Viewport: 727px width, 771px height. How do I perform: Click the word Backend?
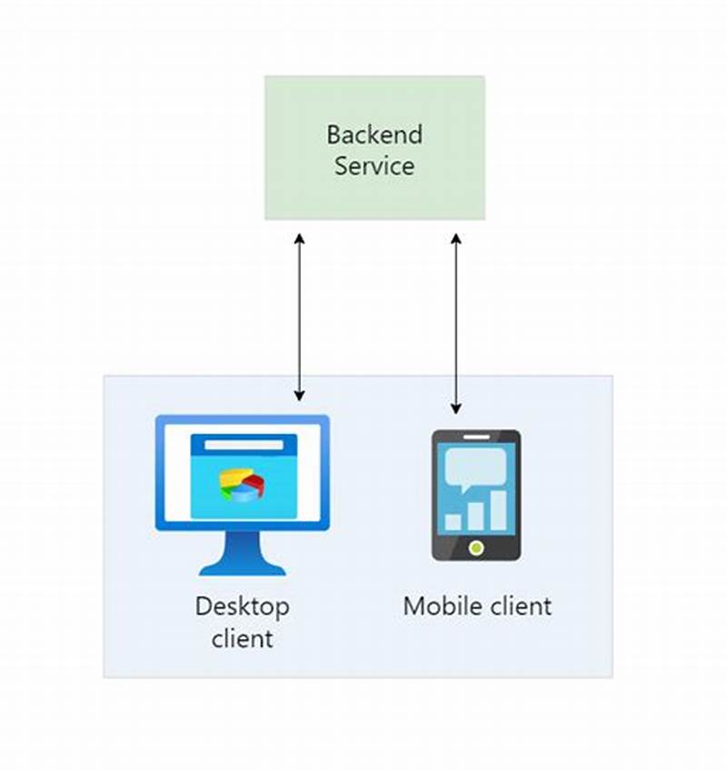[374, 135]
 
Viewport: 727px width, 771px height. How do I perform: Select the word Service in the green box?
[374, 166]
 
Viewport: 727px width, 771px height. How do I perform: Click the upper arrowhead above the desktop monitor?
[299, 238]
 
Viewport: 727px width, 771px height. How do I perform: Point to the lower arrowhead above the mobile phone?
[456, 408]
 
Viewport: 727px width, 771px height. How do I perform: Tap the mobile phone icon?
[475, 495]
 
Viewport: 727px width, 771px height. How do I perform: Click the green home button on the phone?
[475, 547]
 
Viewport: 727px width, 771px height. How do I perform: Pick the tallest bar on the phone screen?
[499, 510]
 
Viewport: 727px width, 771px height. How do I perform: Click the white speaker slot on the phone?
[476, 437]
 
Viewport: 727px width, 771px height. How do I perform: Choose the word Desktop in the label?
[242, 606]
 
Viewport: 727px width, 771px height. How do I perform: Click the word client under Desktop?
[242, 638]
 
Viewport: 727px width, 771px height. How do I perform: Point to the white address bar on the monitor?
[243, 445]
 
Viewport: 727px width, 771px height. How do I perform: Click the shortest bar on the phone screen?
[453, 522]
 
